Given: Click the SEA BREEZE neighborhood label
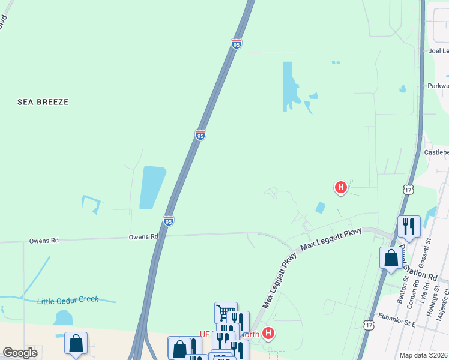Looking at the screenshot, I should [x=43, y=102].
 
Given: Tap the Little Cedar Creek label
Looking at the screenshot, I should [x=67, y=301].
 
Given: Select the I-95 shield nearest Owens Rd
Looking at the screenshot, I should [x=169, y=221].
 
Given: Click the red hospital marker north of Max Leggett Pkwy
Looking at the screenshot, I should [x=340, y=187].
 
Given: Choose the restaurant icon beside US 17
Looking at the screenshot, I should [x=409, y=226].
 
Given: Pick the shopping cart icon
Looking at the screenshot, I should [x=226, y=312].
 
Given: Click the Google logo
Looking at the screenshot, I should [x=20, y=353].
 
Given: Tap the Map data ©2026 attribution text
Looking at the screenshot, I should [x=424, y=355].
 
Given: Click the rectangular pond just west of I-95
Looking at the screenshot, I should [x=152, y=187].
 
